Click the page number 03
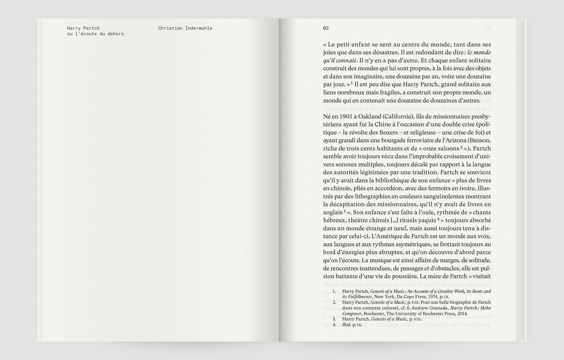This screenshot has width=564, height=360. click(x=326, y=28)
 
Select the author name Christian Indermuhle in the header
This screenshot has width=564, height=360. click(x=185, y=28)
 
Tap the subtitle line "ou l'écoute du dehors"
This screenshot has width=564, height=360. click(x=95, y=34)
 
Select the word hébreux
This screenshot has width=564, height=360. click(x=334, y=220)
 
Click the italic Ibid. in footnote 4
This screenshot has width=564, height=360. click(x=346, y=325)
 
